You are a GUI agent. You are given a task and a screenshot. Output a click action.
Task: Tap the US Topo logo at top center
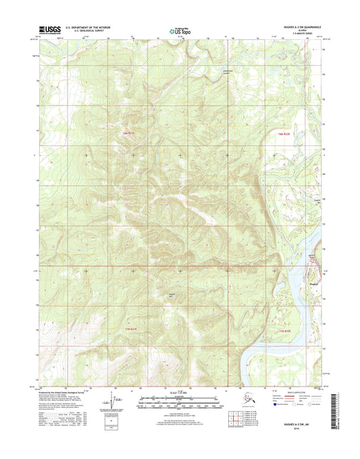pos(180,30)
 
